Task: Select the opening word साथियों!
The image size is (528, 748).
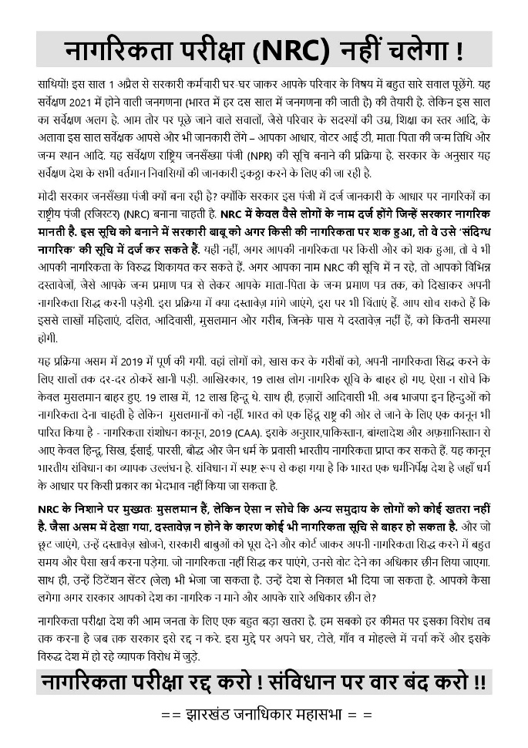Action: click(55, 82)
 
